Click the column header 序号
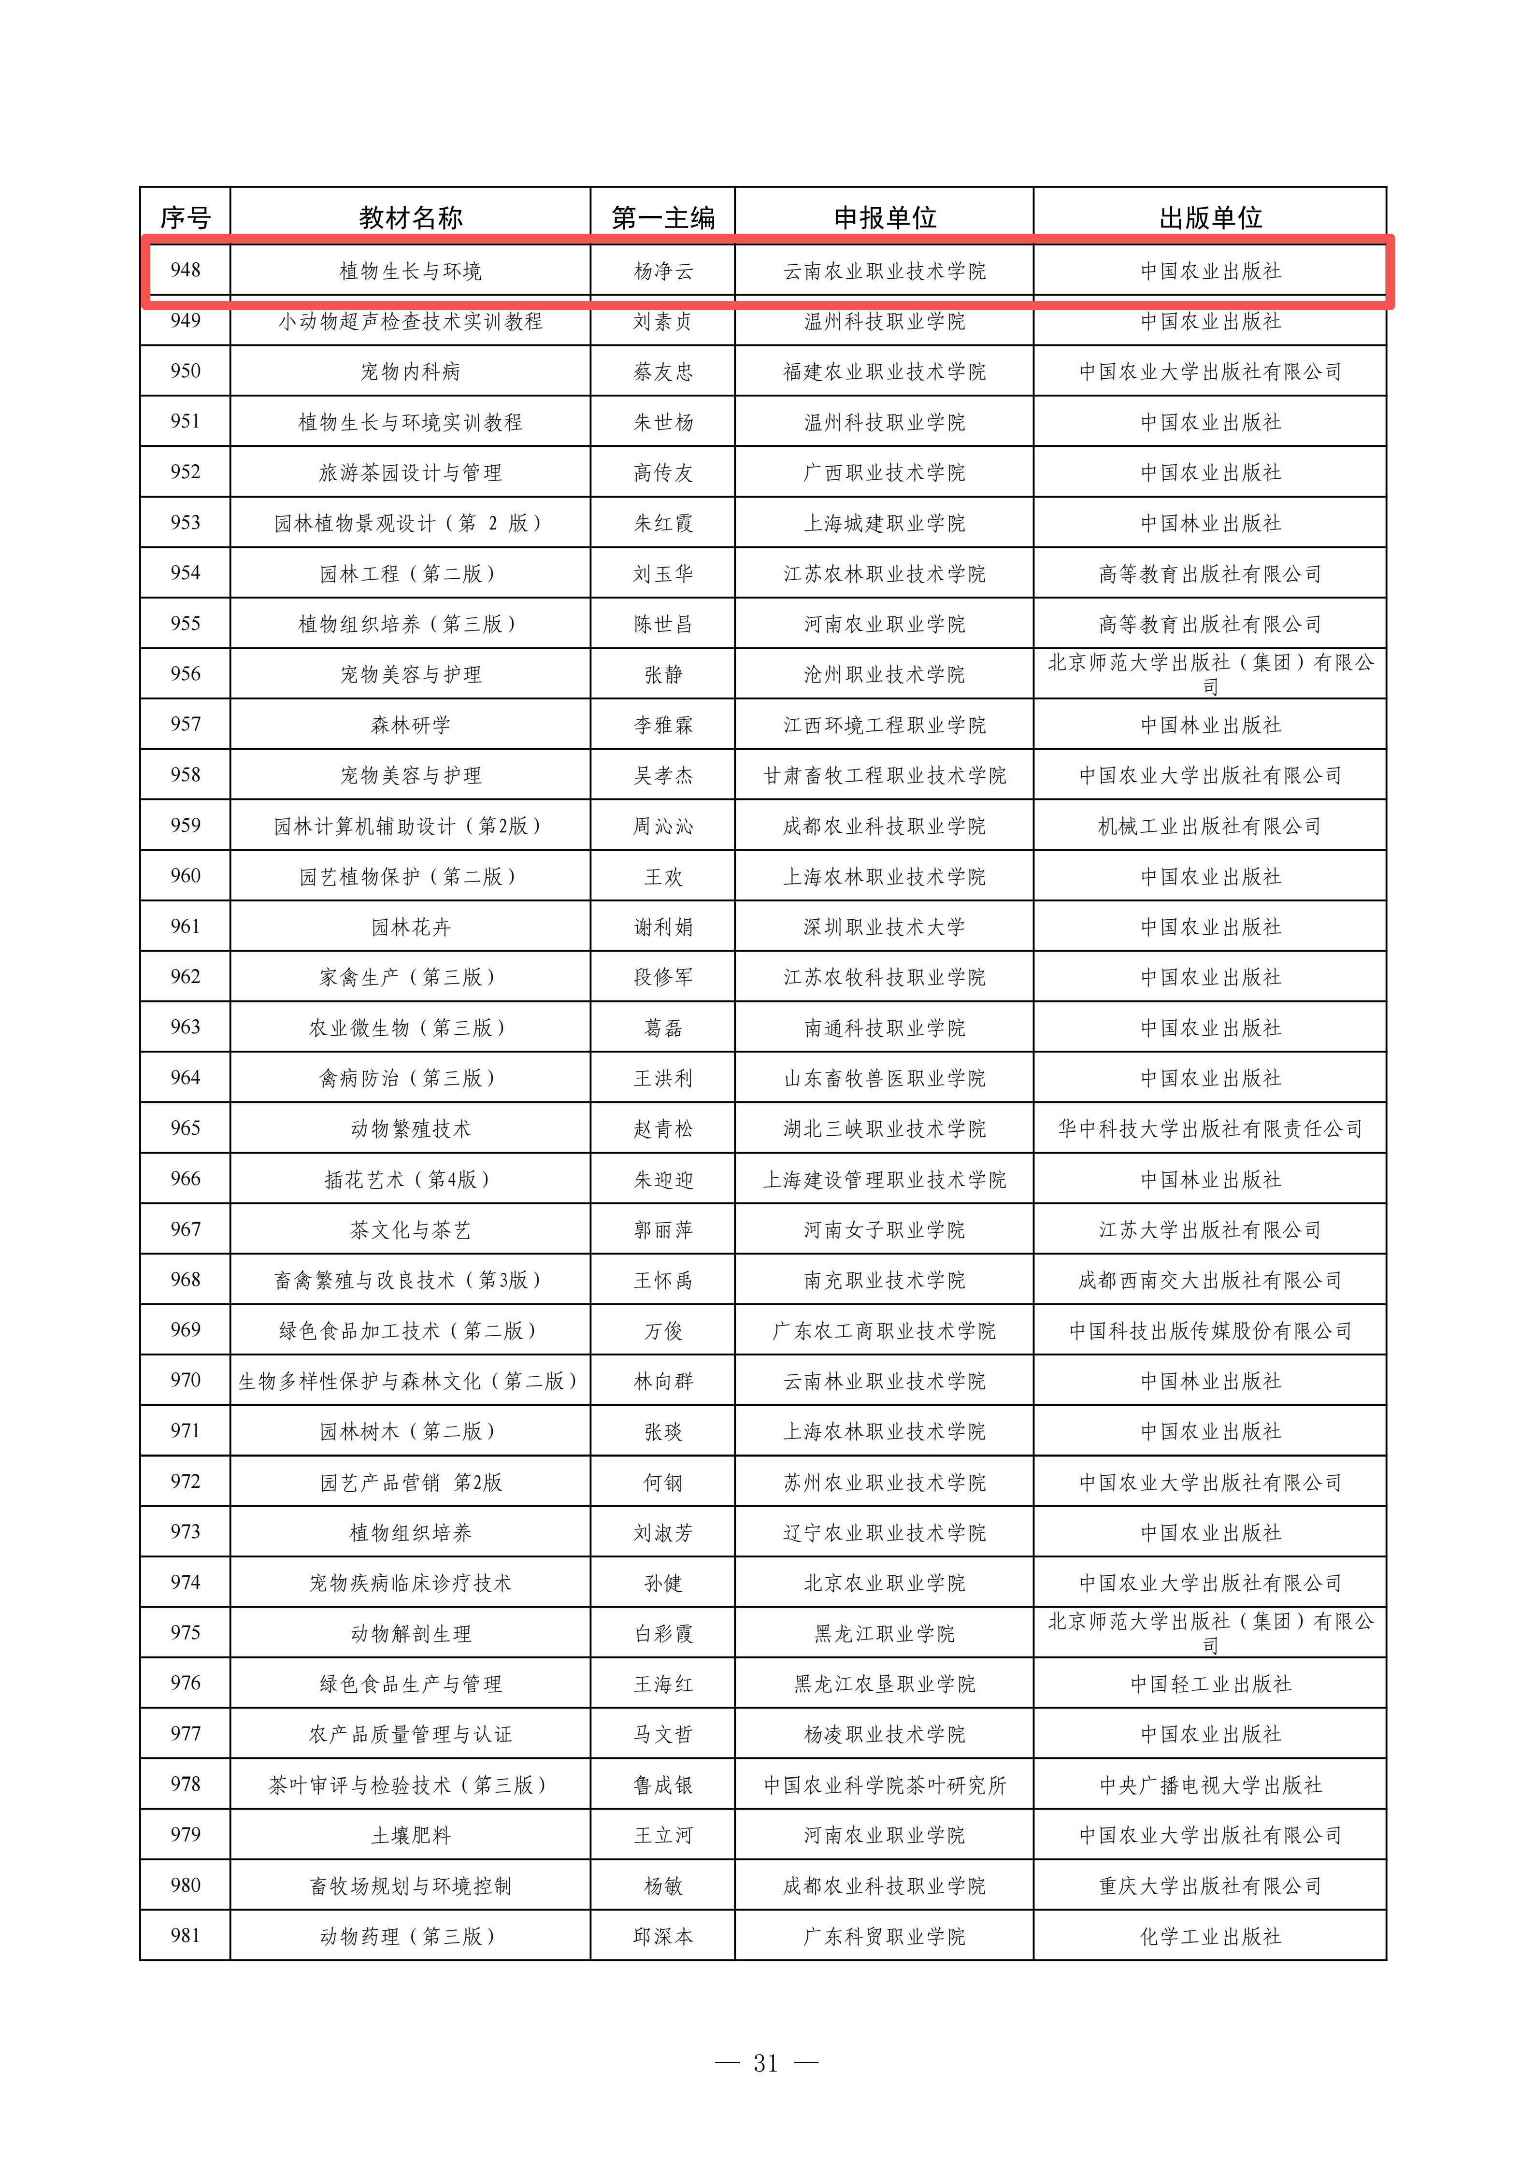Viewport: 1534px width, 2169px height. tap(185, 217)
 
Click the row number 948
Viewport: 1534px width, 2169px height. tap(185, 270)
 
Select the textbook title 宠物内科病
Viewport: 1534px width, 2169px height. tap(410, 371)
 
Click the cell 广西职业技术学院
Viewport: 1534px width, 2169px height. tap(884, 472)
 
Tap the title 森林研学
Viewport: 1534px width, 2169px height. tap(410, 725)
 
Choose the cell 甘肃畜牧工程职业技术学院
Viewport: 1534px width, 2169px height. tap(884, 776)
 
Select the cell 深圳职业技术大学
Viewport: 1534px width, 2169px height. tap(884, 927)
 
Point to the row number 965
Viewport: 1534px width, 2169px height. tap(185, 1128)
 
